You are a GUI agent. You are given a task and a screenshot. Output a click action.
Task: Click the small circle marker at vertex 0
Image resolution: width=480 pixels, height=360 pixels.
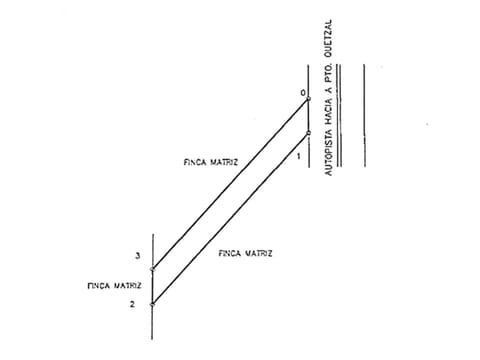(309, 99)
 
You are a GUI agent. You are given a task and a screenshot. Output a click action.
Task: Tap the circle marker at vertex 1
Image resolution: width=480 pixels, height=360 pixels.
(309, 133)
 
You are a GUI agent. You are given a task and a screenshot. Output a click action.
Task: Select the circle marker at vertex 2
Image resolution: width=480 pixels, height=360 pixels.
(153, 304)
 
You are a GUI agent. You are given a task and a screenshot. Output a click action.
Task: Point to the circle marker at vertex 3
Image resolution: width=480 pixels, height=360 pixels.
(153, 269)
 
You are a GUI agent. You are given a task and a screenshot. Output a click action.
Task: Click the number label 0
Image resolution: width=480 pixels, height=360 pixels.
(303, 93)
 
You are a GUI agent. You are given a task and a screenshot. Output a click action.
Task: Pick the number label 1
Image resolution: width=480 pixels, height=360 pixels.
(299, 156)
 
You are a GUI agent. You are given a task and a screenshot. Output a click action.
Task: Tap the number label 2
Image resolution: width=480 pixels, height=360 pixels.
(133, 304)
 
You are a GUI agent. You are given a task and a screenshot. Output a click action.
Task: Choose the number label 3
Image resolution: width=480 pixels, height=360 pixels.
(138, 256)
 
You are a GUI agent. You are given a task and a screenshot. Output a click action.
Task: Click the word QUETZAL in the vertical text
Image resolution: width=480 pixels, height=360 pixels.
(329, 38)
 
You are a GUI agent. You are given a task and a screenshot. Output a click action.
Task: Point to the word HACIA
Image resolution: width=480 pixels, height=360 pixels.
(329, 111)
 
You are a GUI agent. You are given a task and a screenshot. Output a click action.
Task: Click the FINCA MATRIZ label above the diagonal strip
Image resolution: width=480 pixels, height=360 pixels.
(211, 162)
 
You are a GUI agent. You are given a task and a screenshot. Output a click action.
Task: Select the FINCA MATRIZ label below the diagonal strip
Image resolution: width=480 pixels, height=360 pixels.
(245, 253)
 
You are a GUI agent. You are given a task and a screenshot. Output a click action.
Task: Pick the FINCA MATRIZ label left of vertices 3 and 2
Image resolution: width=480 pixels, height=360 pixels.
(114, 286)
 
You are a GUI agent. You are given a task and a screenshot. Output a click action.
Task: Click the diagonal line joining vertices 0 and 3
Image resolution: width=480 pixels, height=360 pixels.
(231, 184)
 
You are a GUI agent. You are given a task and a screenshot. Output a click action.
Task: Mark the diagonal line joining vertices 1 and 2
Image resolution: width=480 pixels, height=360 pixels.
(231, 219)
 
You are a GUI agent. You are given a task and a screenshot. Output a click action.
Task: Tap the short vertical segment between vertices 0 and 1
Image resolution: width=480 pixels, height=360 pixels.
(309, 116)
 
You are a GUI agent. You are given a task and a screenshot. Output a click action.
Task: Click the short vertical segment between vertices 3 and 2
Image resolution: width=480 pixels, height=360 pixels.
(153, 287)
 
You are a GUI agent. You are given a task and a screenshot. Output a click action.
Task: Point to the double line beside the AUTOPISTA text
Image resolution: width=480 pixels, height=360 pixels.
(339, 115)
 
